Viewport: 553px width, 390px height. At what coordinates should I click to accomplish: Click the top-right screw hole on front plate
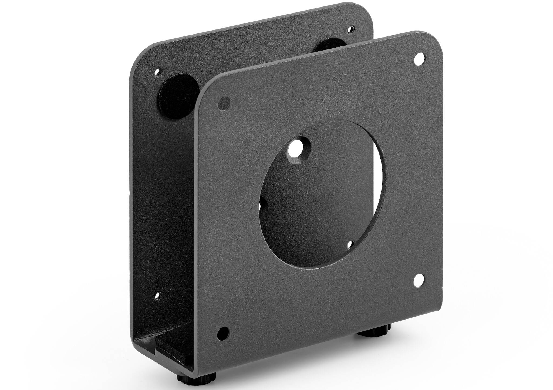pyautogui.click(x=419, y=58)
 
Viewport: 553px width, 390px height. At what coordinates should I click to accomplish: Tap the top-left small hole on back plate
pyautogui.click(x=157, y=72)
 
